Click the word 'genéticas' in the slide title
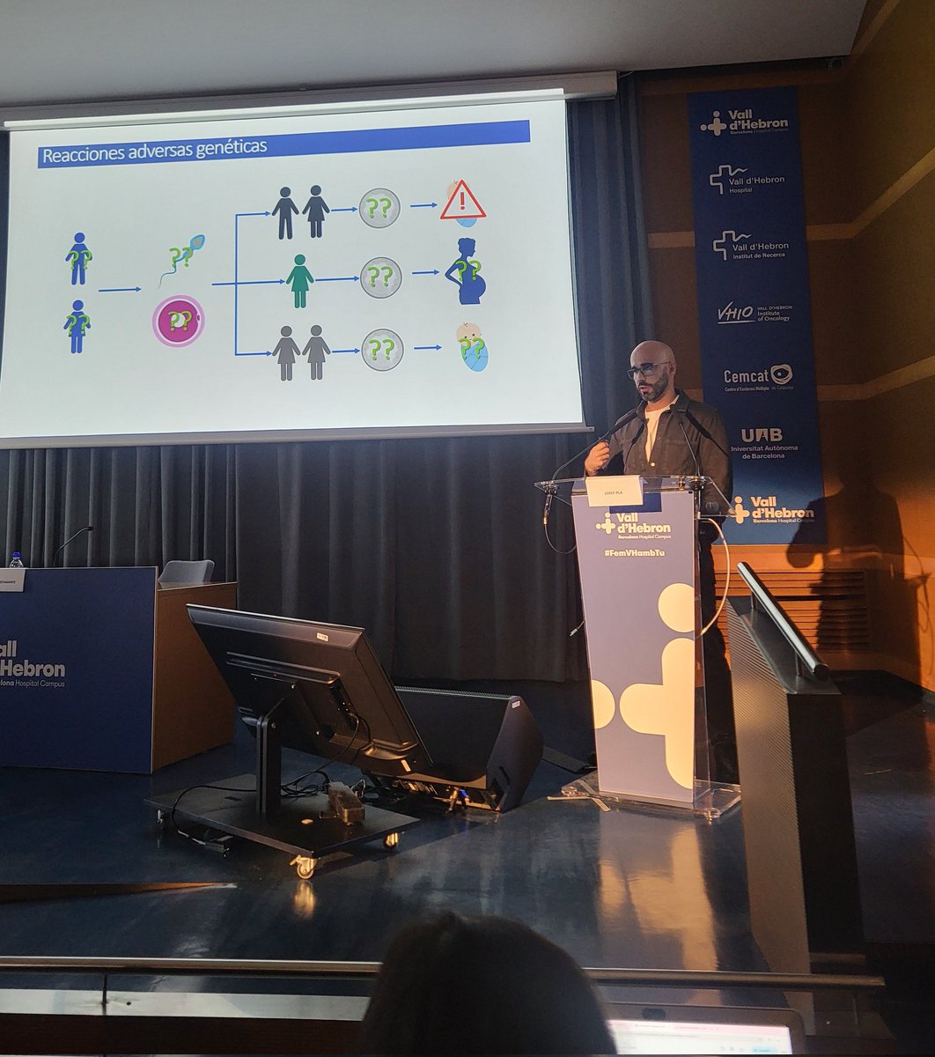tap(228, 148)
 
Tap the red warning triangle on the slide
tap(462, 202)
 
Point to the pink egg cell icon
tap(178, 321)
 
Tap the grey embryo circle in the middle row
tap(381, 277)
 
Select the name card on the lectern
tap(614, 491)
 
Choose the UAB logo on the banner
tap(761, 434)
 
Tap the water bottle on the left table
tap(16, 559)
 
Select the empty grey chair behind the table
tap(186, 572)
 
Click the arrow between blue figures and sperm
tap(120, 289)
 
